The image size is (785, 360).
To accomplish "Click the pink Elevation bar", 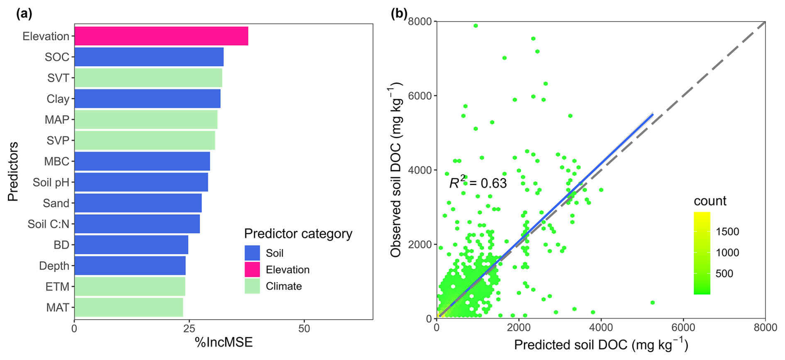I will tap(161, 36).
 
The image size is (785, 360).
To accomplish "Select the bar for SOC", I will tap(149, 57).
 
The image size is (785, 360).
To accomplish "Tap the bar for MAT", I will tap(129, 307).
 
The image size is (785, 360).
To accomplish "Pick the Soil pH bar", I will tap(141, 182).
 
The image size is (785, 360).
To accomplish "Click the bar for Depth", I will tap(130, 265).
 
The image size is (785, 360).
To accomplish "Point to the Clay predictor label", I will tap(58, 99).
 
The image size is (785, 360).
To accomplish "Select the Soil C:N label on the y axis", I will tap(48, 224).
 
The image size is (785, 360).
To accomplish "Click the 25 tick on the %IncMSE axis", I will tap(189, 329).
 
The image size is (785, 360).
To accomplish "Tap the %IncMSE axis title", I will tap(224, 343).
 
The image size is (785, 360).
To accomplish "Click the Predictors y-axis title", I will tap(13, 171).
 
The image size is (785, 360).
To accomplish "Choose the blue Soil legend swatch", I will tap(252, 253).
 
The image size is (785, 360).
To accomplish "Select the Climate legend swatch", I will tap(252, 286).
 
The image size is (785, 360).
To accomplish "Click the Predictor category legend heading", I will tap(298, 234).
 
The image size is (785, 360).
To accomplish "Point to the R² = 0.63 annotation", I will tap(478, 183).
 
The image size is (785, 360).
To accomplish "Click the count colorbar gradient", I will tap(702, 253).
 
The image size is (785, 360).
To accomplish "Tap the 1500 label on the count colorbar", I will tap(727, 231).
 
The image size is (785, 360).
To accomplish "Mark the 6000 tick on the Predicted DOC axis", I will tap(683, 328).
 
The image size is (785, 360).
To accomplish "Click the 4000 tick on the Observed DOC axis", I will tap(420, 170).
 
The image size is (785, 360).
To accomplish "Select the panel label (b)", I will tap(399, 14).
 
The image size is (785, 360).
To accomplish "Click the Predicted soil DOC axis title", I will tap(601, 345).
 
